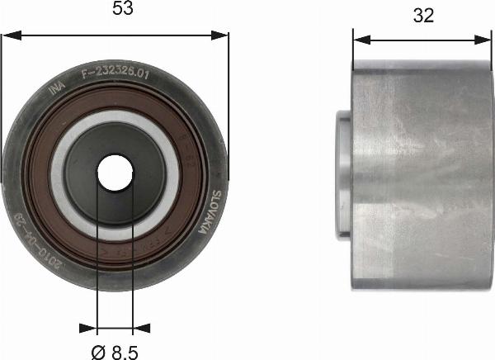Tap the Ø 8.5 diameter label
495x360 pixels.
click(x=115, y=351)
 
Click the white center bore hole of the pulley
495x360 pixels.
click(x=115, y=172)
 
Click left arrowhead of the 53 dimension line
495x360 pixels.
click(x=8, y=36)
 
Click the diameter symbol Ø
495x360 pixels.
click(x=97, y=351)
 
